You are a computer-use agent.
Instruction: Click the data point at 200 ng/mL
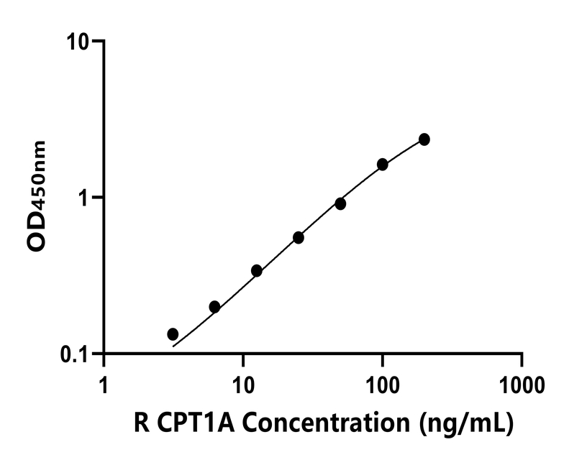coord(424,139)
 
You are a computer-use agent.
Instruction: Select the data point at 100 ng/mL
coord(383,165)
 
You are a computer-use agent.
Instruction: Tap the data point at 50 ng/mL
coord(340,204)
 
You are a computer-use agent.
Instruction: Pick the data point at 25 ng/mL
coord(299,238)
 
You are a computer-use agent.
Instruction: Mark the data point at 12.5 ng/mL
coord(256,271)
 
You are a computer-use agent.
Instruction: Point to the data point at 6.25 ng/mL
coord(214,307)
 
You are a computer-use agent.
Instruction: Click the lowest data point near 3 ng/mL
coord(173,334)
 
